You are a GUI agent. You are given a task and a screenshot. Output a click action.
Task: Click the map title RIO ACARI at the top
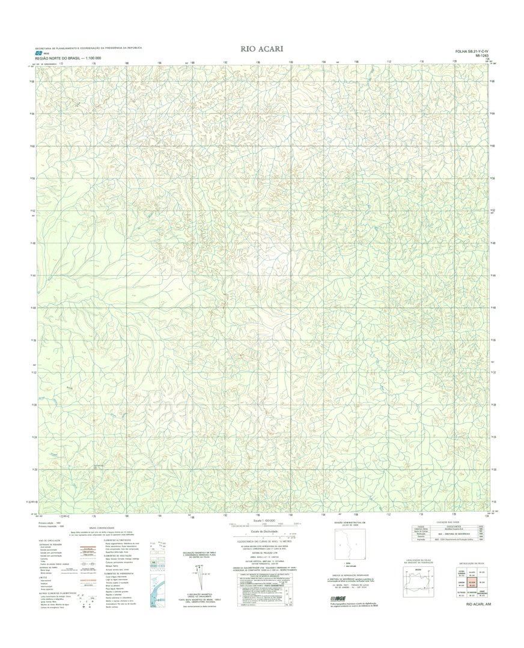tap(261, 49)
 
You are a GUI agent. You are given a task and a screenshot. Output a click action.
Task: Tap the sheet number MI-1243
tap(480, 56)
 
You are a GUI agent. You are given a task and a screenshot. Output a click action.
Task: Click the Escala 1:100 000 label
tap(261, 521)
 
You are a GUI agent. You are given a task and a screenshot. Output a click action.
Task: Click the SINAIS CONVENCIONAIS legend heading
tap(84, 528)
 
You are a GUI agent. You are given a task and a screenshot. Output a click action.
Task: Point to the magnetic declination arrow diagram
tap(193, 580)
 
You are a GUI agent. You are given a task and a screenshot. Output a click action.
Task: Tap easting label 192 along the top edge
tap(225, 62)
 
